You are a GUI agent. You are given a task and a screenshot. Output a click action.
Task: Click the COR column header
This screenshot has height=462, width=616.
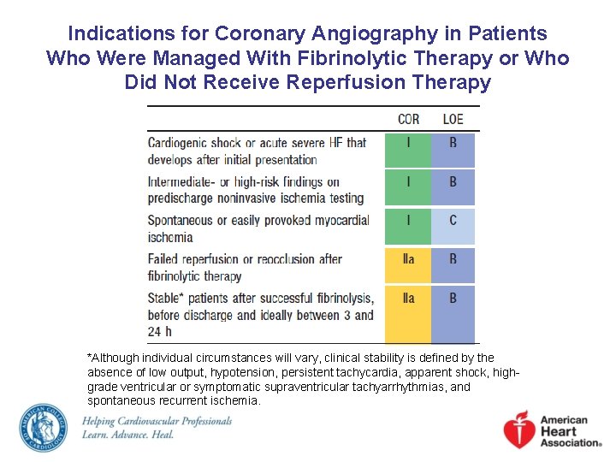coord(408,119)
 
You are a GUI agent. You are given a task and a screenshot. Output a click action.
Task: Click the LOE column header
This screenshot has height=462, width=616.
coord(453,119)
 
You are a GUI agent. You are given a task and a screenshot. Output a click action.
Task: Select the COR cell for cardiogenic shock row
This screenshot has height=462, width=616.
coord(408,150)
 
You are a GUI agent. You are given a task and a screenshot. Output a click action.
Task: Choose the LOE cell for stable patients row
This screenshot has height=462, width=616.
coord(453,313)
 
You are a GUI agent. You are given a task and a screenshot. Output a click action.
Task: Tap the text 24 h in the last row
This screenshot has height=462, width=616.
coord(160,332)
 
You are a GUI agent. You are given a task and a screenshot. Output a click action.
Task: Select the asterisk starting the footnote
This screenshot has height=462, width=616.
coord(90,357)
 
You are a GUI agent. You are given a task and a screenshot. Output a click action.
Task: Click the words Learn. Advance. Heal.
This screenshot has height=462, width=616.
coord(127,435)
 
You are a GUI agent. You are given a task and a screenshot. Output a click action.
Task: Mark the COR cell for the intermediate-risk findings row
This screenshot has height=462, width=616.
coord(408,188)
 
